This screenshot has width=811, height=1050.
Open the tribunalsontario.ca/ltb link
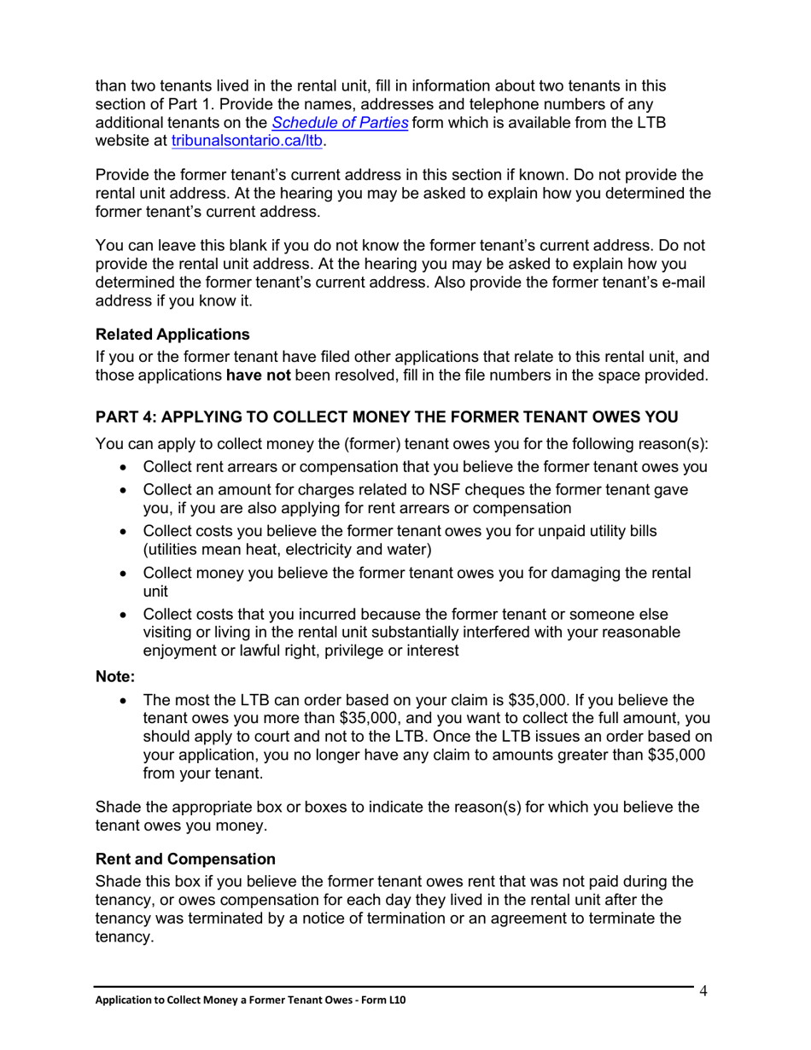(x=247, y=142)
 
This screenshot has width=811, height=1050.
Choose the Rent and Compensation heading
(x=185, y=859)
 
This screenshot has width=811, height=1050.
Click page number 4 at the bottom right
(x=703, y=991)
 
